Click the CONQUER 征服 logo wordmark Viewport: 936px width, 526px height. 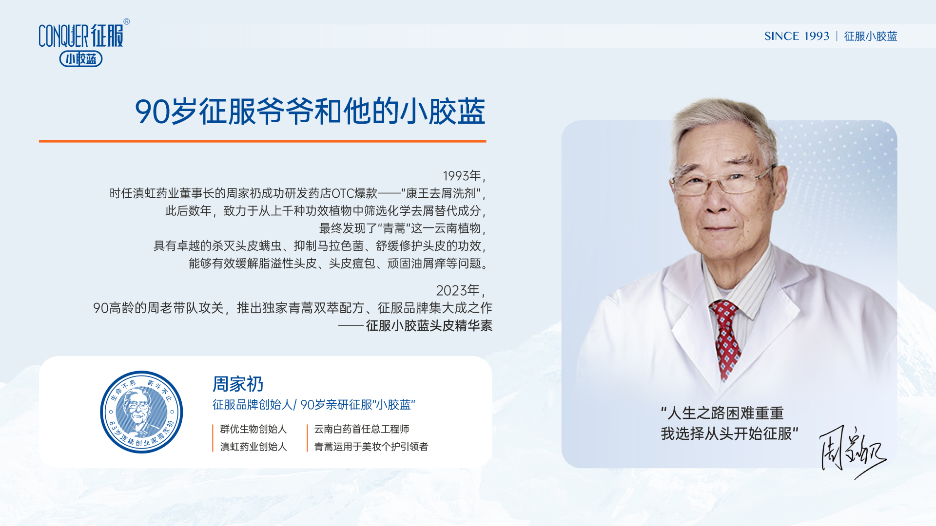(x=81, y=36)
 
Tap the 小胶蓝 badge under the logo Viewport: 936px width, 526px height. (x=81, y=59)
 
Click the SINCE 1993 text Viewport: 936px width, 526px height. (x=797, y=36)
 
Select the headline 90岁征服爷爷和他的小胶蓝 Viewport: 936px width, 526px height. (x=310, y=112)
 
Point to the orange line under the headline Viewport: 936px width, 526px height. (x=262, y=141)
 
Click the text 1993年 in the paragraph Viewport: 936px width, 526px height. (x=462, y=176)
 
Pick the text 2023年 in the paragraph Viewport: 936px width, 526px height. (x=458, y=291)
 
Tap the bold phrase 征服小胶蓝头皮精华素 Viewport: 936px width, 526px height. (x=429, y=325)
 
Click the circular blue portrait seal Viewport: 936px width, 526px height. (x=141, y=412)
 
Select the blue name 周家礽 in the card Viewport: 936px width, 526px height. (x=238, y=384)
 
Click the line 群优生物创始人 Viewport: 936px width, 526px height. (x=253, y=429)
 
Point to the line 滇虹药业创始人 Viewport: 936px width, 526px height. (x=253, y=447)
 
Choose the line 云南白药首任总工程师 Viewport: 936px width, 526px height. (x=361, y=429)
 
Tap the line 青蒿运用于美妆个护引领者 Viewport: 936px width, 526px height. (x=371, y=447)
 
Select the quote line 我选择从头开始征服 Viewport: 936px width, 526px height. (x=730, y=433)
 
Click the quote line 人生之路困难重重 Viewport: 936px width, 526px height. (x=722, y=413)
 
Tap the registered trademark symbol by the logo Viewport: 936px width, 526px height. (x=127, y=21)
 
